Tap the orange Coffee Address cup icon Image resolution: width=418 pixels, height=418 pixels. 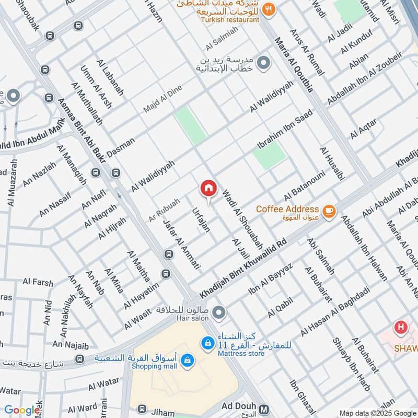coord(328,211)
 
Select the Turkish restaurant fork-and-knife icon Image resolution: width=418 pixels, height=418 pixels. coord(269,8)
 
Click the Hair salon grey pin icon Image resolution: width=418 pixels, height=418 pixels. coord(219,313)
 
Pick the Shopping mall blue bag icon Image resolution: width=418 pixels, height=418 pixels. coord(188,360)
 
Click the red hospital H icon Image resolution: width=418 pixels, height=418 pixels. coord(401,328)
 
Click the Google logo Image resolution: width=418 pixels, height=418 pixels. coord(21,410)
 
